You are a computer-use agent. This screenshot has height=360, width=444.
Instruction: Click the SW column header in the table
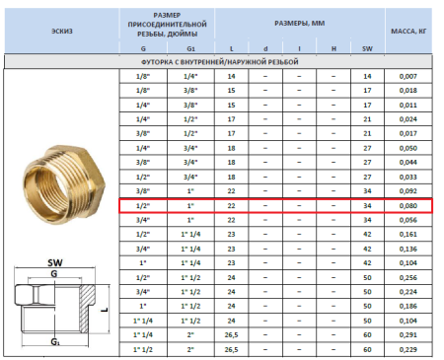click(x=367, y=46)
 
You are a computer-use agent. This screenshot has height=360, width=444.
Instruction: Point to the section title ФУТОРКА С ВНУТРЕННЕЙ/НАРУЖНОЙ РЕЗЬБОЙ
click(x=222, y=61)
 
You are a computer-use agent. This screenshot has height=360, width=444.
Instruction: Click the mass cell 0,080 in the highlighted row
click(x=408, y=206)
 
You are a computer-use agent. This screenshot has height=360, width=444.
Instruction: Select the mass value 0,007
click(x=408, y=76)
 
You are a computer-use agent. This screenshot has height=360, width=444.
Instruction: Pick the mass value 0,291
click(x=408, y=335)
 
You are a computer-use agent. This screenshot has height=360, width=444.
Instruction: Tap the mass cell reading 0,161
click(x=408, y=236)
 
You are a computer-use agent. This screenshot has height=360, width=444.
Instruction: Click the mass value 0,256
click(x=408, y=278)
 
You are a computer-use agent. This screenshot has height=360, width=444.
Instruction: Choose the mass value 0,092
click(x=408, y=191)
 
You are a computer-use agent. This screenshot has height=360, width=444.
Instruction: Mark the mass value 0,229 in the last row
click(x=408, y=350)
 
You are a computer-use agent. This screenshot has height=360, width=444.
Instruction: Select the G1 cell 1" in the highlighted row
click(x=190, y=206)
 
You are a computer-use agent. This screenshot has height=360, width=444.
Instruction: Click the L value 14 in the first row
click(x=232, y=76)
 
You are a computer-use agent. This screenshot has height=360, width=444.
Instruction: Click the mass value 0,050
click(x=408, y=148)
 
